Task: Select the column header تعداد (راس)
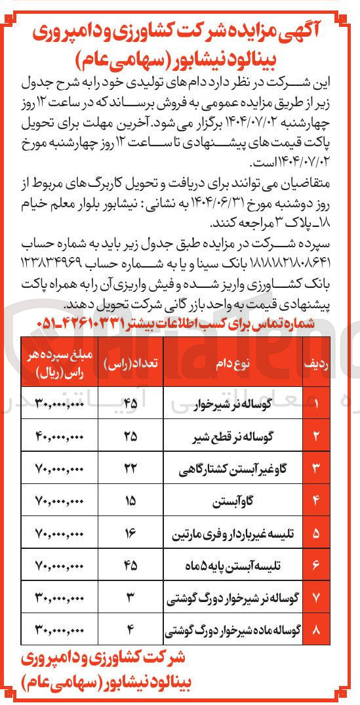pos(130,361)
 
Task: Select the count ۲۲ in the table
pos(130,469)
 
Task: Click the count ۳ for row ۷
pos(130,598)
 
